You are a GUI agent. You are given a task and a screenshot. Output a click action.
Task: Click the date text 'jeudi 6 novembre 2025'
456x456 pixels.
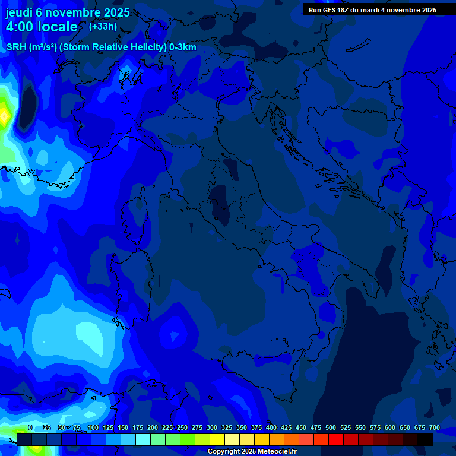(x=68, y=12)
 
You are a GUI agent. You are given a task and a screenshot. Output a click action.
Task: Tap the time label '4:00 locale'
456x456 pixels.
(x=42, y=27)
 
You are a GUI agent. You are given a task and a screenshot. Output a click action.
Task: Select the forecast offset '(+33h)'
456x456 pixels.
(x=103, y=26)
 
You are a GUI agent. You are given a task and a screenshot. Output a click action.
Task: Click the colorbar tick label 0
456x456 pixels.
(x=30, y=427)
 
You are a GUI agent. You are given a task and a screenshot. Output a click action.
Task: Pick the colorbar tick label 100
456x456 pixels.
(x=93, y=427)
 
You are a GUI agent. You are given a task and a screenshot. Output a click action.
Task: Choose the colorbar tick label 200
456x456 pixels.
(x=153, y=427)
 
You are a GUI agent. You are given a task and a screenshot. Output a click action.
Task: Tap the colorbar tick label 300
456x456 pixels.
(x=212, y=427)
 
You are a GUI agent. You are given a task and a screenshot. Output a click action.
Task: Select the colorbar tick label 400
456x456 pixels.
(x=271, y=427)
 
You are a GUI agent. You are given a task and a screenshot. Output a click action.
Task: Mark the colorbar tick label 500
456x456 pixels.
(x=331, y=427)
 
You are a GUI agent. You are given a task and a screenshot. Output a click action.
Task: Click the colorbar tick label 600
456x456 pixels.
(x=390, y=427)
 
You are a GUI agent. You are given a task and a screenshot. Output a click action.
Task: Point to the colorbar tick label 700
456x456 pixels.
(x=435, y=427)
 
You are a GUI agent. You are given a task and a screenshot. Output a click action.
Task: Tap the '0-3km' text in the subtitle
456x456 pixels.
(x=183, y=47)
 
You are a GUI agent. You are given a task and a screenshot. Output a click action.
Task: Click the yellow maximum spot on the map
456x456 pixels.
(x=4, y=115)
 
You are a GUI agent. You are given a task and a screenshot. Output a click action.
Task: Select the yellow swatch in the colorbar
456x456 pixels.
(x=217, y=439)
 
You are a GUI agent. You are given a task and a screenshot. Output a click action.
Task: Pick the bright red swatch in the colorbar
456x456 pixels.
(x=336, y=439)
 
